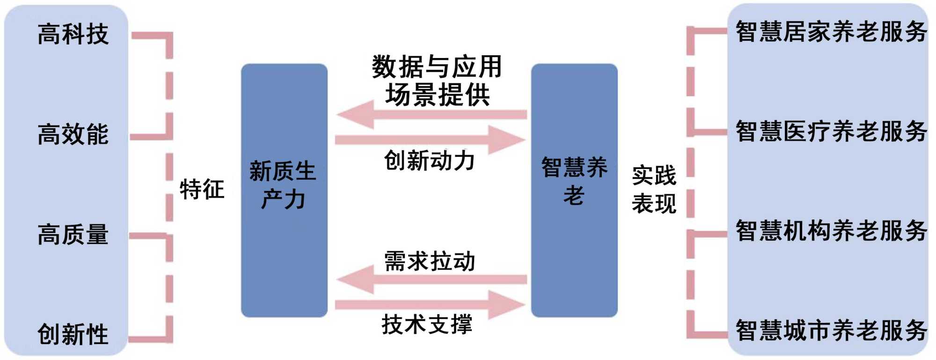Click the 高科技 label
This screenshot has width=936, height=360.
coord(73,34)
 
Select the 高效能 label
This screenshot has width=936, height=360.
coord(73,134)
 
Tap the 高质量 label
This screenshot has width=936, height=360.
coord(73,234)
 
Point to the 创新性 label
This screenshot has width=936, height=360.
coord(73,334)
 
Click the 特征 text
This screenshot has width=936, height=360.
coord(202,190)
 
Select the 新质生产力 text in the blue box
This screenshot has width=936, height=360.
coord(283,185)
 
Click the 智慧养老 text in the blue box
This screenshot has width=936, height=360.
coord(574,181)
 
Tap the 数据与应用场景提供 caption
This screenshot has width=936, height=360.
coord(437,81)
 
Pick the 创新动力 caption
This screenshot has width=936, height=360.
coord(429,161)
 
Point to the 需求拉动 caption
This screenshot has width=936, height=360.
coord(429,261)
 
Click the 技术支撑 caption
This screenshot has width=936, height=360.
coord(427,324)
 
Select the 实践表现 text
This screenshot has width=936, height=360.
coord(654,190)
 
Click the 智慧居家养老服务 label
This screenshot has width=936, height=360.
coord(831,32)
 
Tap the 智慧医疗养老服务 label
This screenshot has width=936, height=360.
coord(831,131)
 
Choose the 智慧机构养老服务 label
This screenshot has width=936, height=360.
coord(831,231)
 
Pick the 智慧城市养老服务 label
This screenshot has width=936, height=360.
coord(831,331)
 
